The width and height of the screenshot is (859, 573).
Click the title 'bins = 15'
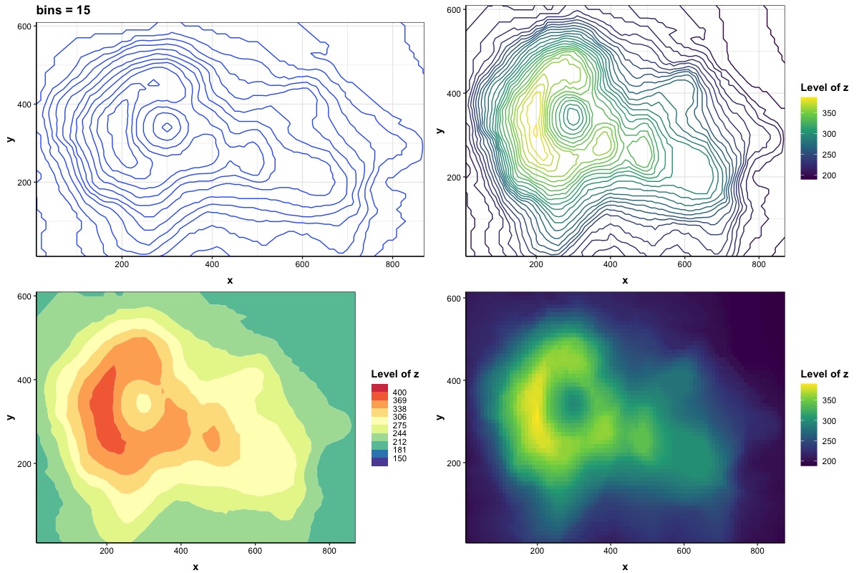pyautogui.click(x=63, y=10)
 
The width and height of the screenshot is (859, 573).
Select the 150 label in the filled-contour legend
pyautogui.click(x=399, y=458)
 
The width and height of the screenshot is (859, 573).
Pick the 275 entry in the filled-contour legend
pyautogui.click(x=399, y=425)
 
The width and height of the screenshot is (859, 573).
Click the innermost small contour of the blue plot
pyautogui.click(x=167, y=127)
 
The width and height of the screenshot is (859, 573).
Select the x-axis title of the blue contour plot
pyautogui.click(x=230, y=280)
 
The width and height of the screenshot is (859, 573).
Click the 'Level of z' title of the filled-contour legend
pyautogui.click(x=395, y=374)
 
